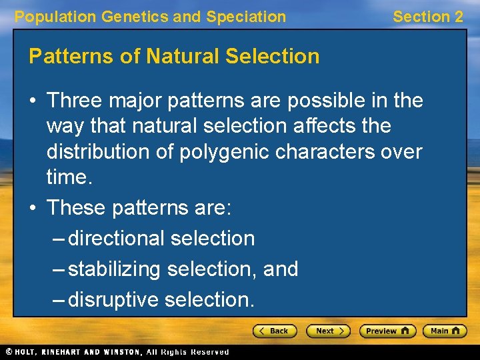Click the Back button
tap(274, 331)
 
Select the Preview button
tap(387, 331)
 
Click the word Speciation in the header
tap(246, 17)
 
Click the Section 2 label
tap(427, 17)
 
